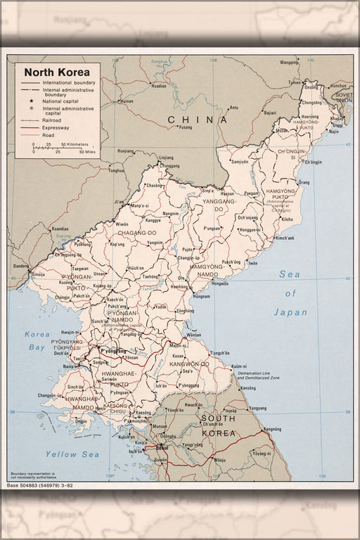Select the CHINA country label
[x=198, y=120]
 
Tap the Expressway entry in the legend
[x=56, y=128]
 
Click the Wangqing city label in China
[x=289, y=63]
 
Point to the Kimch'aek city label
[x=285, y=238]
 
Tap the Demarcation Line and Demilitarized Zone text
[x=259, y=375]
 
